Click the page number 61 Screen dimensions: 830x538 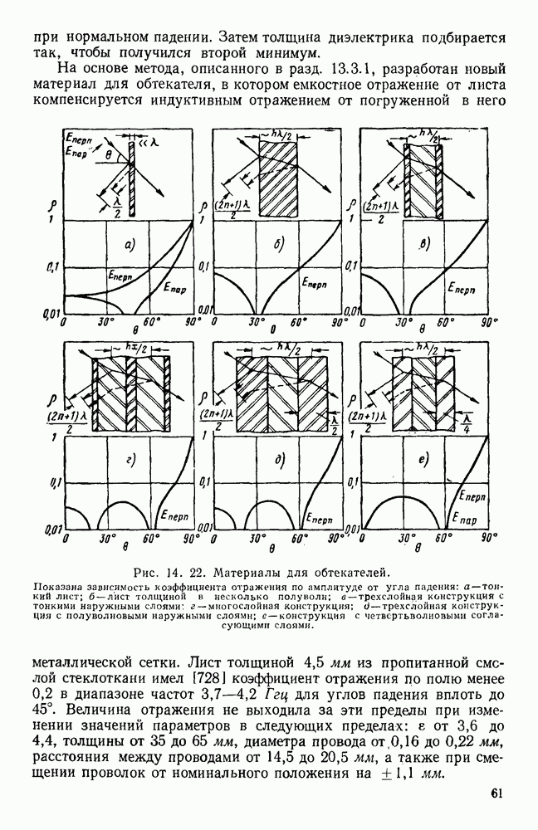tap(496, 815)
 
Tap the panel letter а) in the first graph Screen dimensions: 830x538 tap(130, 243)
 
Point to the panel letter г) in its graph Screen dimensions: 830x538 tap(130, 458)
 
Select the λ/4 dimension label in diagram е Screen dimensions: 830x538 tap(467, 422)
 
